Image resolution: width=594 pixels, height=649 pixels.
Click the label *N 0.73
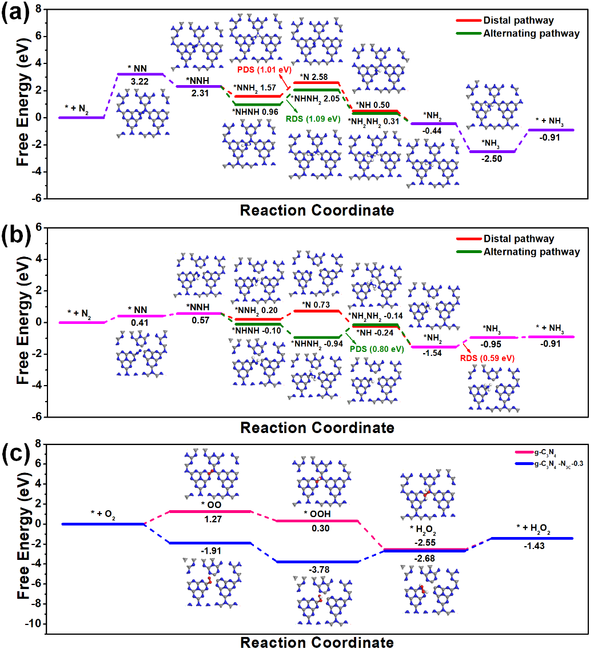click(316, 305)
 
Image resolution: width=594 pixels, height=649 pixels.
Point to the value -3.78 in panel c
click(317, 570)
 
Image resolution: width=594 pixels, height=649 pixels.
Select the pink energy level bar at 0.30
click(317, 520)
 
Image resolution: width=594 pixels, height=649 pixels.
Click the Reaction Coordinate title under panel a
click(317, 210)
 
